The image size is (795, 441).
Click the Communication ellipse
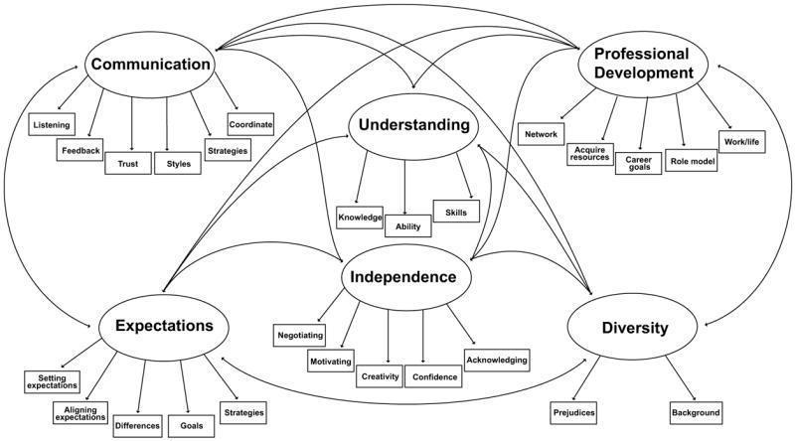tap(151, 65)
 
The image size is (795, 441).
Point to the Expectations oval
tap(163, 326)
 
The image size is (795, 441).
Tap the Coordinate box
tap(250, 126)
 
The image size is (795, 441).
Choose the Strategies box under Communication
tap(227, 151)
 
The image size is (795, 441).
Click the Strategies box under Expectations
tap(241, 410)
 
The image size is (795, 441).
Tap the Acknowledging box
tap(496, 359)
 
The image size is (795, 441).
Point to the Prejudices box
tap(572, 411)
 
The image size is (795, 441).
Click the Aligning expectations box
tap(79, 413)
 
